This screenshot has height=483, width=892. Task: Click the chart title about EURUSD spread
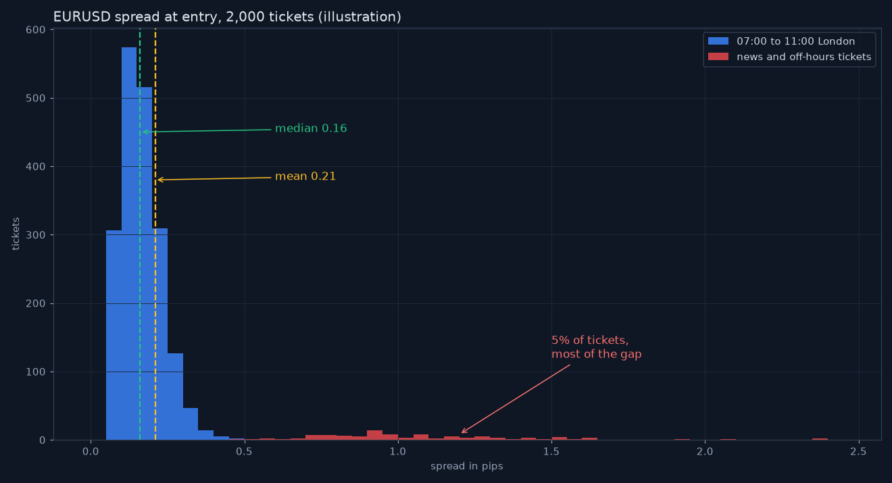tap(227, 17)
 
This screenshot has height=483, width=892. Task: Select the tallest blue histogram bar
tap(129, 244)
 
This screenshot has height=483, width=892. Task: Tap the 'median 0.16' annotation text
tap(311, 128)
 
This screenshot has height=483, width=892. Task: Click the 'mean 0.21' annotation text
tap(305, 176)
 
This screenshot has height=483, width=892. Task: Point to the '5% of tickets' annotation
tap(597, 347)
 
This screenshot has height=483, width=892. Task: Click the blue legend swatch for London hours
tap(718, 41)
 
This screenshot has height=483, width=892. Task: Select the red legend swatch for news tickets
tap(718, 57)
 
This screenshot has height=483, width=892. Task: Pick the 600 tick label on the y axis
tap(35, 30)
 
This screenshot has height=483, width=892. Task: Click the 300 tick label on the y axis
tap(35, 235)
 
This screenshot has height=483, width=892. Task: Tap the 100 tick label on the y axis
tap(35, 372)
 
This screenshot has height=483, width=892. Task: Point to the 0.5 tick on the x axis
tap(244, 451)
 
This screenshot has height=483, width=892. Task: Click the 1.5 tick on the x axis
tap(551, 451)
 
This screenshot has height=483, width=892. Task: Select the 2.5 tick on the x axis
tap(858, 451)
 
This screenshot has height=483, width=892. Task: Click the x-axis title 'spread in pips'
tap(467, 466)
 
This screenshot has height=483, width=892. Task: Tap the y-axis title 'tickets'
tap(16, 234)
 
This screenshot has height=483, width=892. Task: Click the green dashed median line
tap(140, 234)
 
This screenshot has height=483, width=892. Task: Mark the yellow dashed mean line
tap(155, 234)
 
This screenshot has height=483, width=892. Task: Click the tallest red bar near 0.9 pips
tap(375, 435)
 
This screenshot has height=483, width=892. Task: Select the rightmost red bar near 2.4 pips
tap(820, 439)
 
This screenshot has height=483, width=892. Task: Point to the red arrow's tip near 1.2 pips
tap(462, 433)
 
